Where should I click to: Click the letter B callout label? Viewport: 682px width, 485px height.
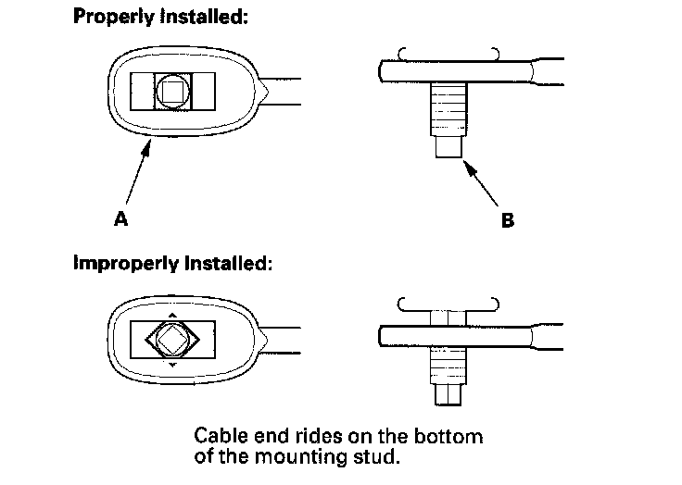click(507, 220)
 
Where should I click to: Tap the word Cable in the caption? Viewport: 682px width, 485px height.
click(220, 435)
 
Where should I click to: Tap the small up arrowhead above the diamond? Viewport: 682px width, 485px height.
click(171, 315)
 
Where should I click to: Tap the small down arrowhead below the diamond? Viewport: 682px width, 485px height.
click(171, 366)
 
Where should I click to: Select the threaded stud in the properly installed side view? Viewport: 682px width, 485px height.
click(448, 110)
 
